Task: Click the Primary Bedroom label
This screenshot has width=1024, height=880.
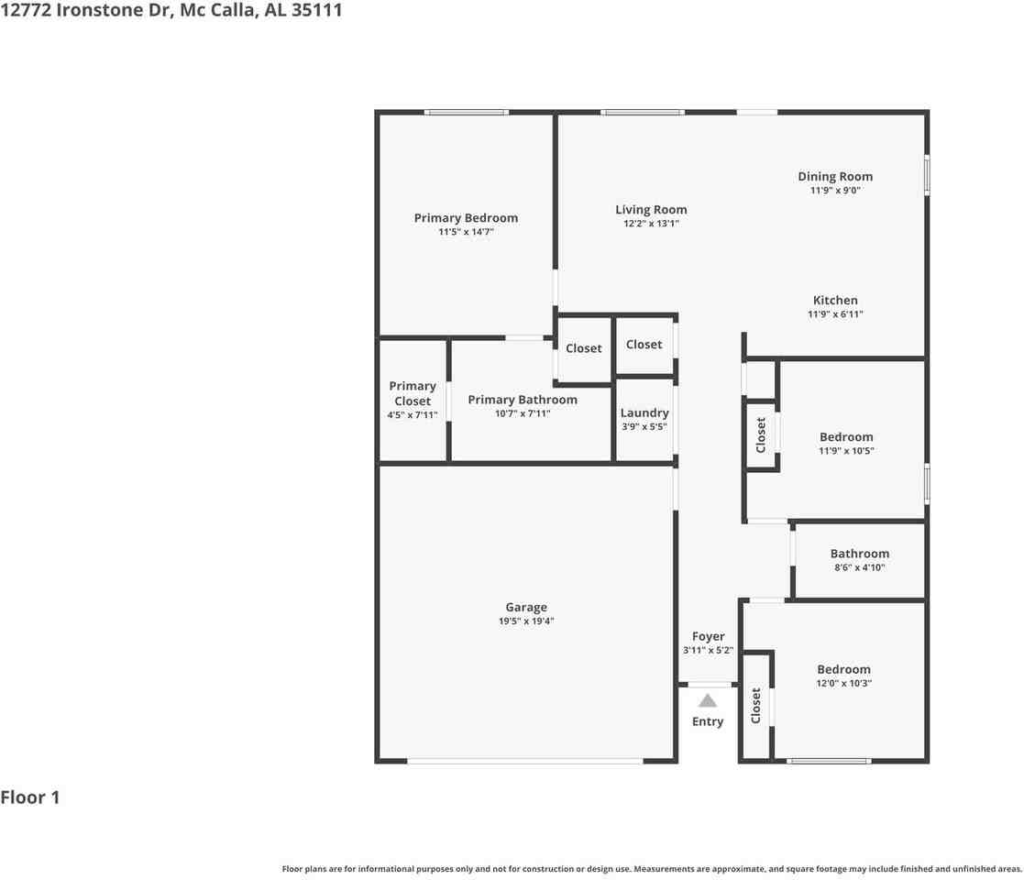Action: pyautogui.click(x=466, y=218)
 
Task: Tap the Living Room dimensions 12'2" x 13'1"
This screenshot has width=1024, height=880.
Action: pyautogui.click(x=651, y=224)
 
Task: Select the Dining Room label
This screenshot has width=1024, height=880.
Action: pyautogui.click(x=834, y=177)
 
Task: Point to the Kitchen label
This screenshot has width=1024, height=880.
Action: pyautogui.click(x=835, y=301)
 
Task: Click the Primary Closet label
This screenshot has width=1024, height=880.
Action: pyautogui.click(x=413, y=393)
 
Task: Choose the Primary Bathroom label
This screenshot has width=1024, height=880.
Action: pyautogui.click(x=523, y=400)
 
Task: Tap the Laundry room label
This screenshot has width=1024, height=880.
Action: pyautogui.click(x=644, y=413)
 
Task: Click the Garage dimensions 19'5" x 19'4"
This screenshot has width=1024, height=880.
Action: pyautogui.click(x=526, y=621)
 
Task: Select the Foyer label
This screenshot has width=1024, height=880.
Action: pyautogui.click(x=708, y=636)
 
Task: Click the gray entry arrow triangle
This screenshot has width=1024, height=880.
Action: pyautogui.click(x=708, y=701)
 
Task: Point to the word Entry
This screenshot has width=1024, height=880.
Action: pyautogui.click(x=708, y=721)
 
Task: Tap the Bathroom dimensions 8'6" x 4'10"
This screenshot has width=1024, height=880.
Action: pyautogui.click(x=859, y=567)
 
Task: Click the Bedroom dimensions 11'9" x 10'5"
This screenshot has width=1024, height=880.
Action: pyautogui.click(x=846, y=451)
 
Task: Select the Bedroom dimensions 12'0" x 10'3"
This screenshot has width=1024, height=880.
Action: pyautogui.click(x=844, y=683)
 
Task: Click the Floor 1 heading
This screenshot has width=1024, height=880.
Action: pyautogui.click(x=30, y=797)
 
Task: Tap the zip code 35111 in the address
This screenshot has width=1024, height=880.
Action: pyautogui.click(x=317, y=13)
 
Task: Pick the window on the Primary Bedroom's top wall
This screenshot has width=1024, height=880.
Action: pyautogui.click(x=466, y=112)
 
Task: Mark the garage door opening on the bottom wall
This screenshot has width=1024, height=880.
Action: pyautogui.click(x=525, y=761)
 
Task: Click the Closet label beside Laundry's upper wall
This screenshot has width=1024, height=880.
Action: pyautogui.click(x=644, y=345)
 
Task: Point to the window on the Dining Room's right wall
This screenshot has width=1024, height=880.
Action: pyautogui.click(x=927, y=175)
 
